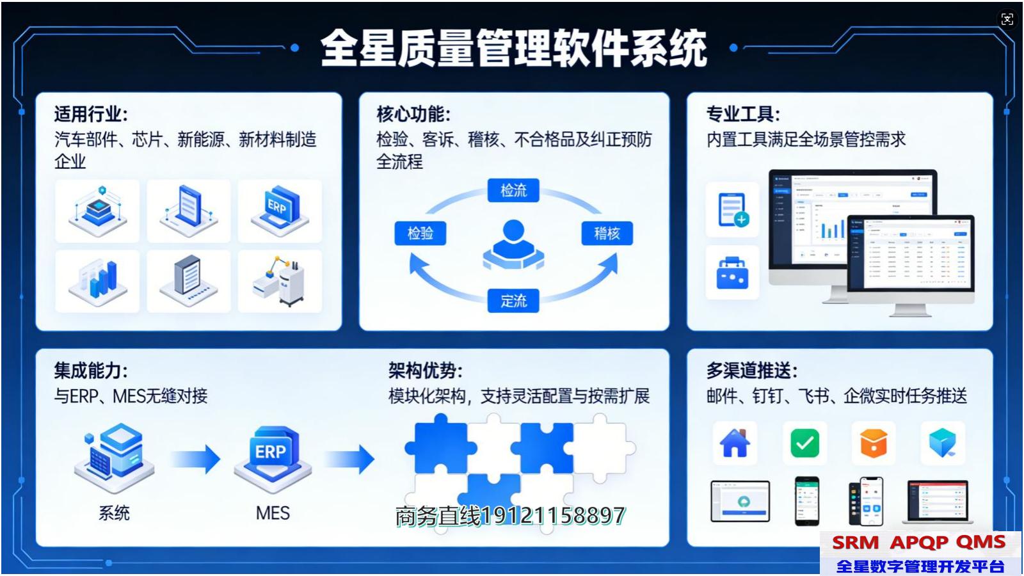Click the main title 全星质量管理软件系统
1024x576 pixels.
click(513, 48)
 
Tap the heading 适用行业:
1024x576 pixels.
click(91, 115)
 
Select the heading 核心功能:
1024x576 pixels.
click(413, 115)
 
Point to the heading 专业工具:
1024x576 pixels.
click(743, 115)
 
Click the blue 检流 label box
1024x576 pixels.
click(513, 190)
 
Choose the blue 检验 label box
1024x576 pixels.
click(420, 233)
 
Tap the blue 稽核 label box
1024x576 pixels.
click(607, 233)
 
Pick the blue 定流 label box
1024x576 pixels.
click(513, 300)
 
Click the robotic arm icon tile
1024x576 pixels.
click(280, 281)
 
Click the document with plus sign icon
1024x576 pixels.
click(732, 209)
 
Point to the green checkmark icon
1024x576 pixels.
click(804, 443)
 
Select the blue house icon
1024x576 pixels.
click(735, 443)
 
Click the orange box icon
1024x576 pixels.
click(874, 443)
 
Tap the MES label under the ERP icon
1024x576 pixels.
click(273, 513)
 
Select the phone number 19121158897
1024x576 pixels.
click(553, 516)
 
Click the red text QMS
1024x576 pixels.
click(980, 543)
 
